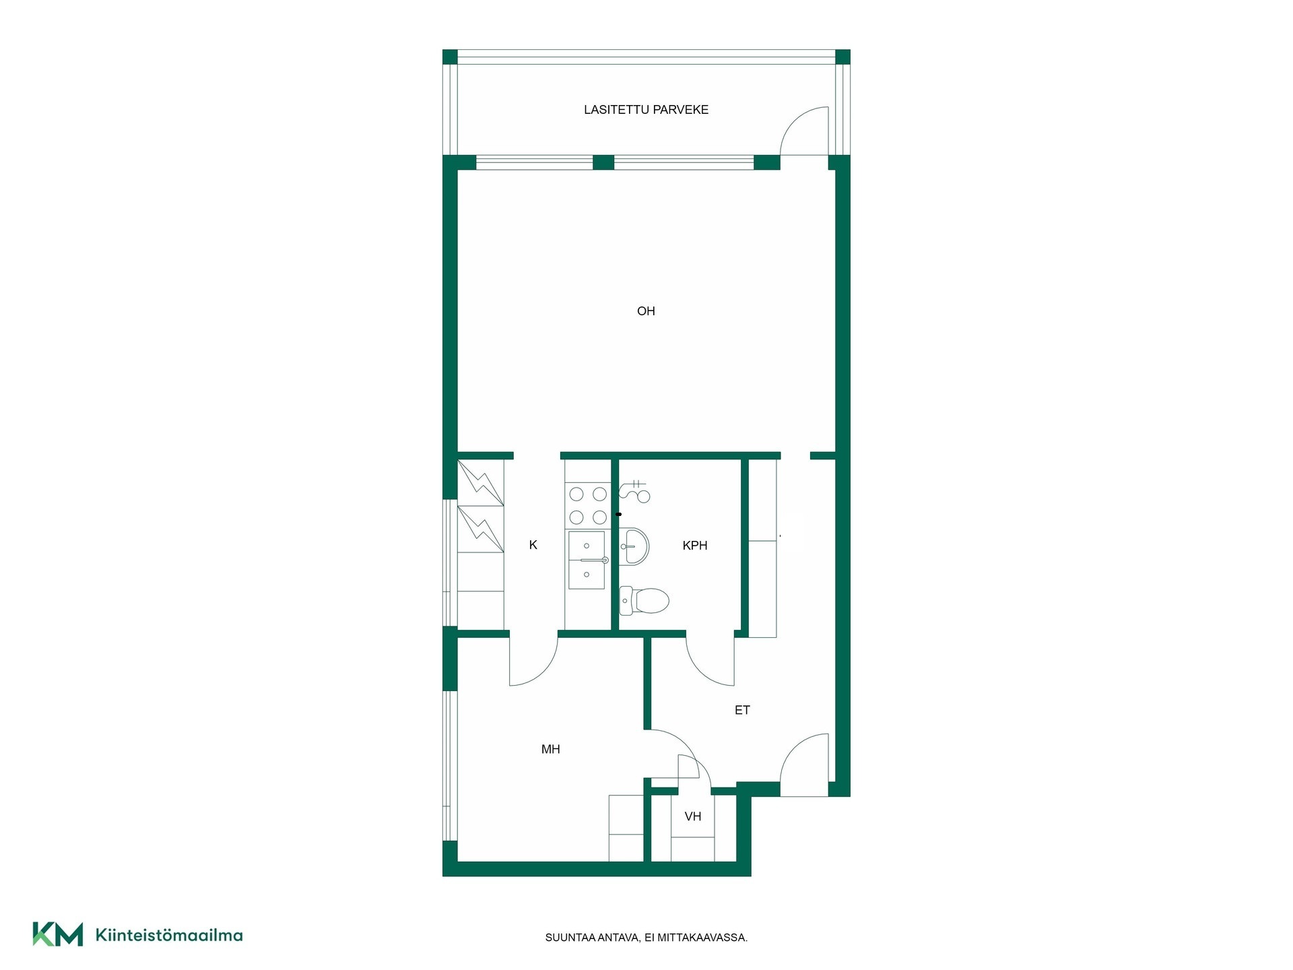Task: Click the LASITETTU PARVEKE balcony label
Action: (646, 110)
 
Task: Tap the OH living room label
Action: (646, 311)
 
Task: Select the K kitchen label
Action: (533, 545)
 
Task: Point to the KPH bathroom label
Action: (695, 546)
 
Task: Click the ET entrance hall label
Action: (742, 710)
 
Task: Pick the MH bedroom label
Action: (551, 749)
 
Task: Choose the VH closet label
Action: (693, 816)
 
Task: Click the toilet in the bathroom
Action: (644, 600)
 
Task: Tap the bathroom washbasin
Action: (634, 546)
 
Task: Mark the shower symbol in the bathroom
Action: (634, 492)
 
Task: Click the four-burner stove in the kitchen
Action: (588, 506)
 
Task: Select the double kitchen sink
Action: (587, 560)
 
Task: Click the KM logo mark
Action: (58, 934)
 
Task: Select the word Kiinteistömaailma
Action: (169, 935)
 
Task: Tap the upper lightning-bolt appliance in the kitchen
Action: (480, 482)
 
